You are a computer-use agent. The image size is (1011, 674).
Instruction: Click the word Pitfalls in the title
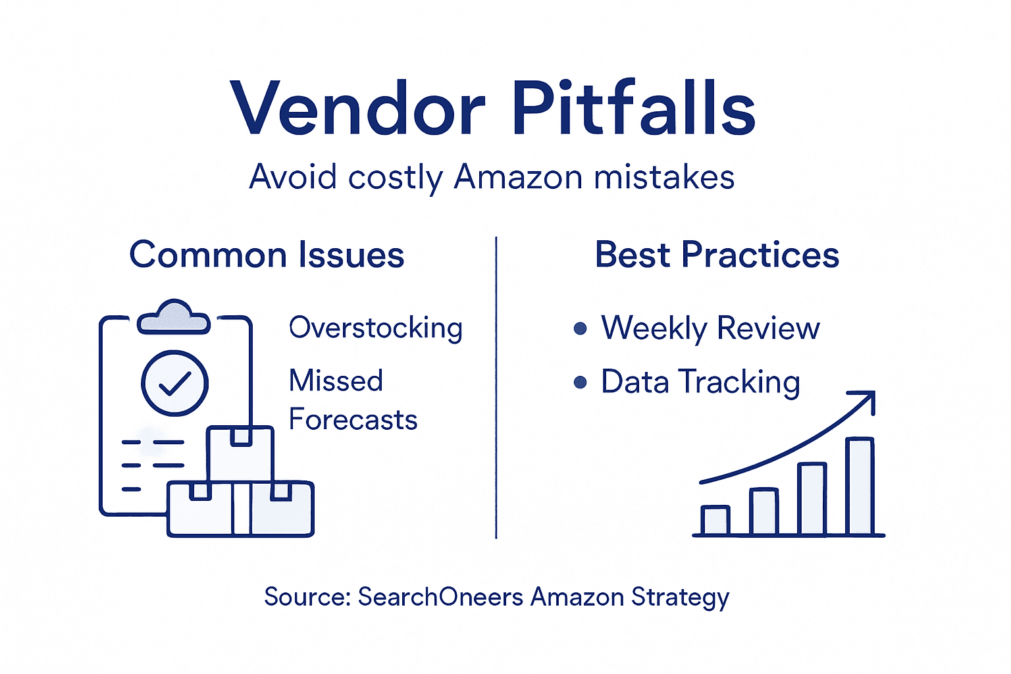633,108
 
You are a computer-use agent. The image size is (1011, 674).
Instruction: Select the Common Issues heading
267,255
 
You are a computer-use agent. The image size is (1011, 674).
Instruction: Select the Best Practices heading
717,255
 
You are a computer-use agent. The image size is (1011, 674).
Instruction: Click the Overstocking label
376,328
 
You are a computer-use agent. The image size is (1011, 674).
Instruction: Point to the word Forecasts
353,420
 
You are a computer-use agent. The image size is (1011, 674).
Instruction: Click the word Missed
336,380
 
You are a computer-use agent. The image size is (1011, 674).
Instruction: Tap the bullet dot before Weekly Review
580,328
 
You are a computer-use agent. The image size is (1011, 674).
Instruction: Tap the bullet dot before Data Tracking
580,382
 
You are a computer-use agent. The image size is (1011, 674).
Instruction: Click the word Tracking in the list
739,382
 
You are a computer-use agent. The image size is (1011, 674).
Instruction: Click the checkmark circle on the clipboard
175,383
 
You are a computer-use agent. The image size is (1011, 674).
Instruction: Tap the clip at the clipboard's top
174,317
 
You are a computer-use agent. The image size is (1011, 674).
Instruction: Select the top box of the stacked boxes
240,454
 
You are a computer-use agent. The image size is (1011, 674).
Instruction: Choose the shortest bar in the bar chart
715,520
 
